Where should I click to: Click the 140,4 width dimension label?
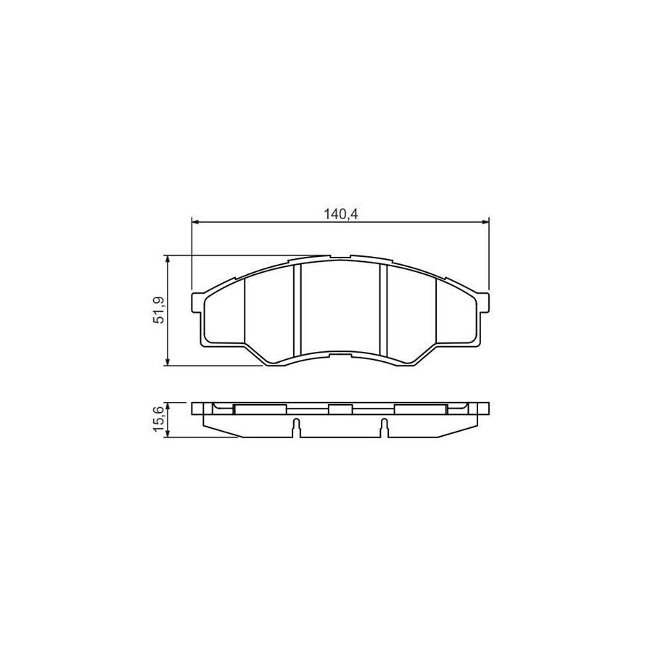(340, 213)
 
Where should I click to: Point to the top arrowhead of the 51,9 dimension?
(168, 259)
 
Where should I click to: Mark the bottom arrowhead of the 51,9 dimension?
(168, 361)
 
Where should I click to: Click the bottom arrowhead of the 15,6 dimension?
(168, 434)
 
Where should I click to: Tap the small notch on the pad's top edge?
(340, 256)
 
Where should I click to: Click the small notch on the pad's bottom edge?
(340, 356)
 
